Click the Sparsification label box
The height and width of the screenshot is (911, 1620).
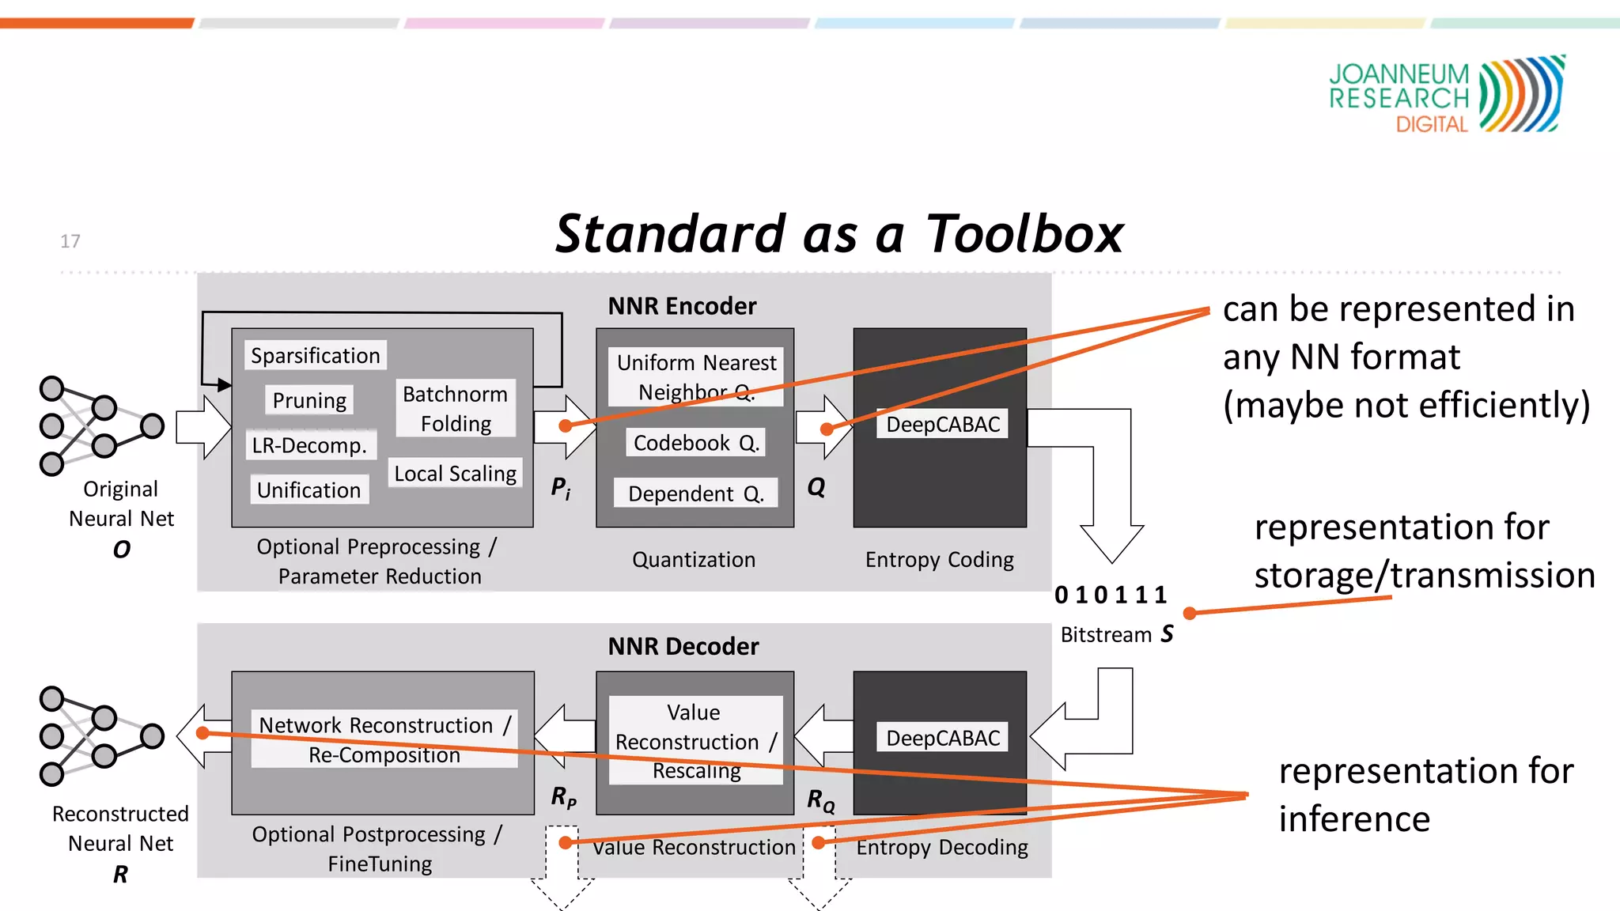[315, 356]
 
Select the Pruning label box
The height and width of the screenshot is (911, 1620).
[309, 400]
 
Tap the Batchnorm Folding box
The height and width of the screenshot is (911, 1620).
[456, 408]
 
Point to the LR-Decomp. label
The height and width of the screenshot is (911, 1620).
[310, 445]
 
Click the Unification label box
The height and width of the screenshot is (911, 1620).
[309, 490]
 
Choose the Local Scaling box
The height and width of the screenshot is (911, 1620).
[456, 474]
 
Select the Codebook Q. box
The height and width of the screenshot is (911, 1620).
[696, 443]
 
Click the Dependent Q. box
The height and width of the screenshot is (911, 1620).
[696, 493]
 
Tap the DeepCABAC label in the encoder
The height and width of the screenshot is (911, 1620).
[942, 425]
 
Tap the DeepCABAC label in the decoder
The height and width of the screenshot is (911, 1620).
[942, 738]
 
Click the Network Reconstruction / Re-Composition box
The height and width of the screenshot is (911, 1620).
[384, 739]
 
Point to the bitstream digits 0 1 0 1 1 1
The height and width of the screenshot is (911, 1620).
[1111, 595]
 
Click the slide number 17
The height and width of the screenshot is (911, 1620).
[70, 241]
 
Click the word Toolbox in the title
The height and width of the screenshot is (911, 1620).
[1024, 234]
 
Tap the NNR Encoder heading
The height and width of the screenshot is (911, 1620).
[682, 306]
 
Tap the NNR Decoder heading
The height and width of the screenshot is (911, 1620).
[683, 646]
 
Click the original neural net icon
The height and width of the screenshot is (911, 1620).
[100, 426]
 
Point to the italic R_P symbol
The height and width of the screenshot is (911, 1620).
[563, 796]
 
